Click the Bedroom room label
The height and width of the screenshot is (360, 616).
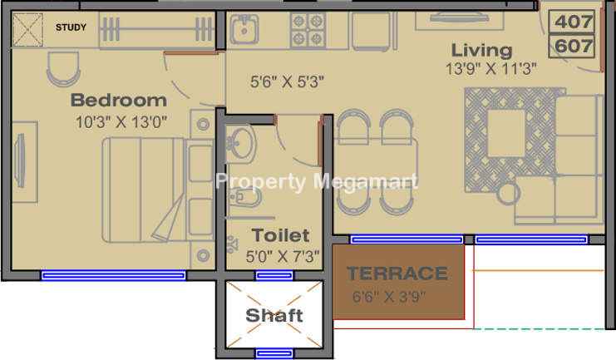[119, 101]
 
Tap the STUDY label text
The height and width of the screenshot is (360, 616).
[71, 27]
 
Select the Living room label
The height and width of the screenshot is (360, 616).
[481, 51]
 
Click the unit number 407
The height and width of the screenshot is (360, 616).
[573, 22]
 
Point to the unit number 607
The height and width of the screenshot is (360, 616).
[573, 46]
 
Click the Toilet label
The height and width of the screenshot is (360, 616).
[280, 235]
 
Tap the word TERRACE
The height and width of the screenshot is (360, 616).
[397, 274]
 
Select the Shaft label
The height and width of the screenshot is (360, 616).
[274, 315]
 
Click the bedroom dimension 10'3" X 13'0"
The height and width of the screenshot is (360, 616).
[121, 122]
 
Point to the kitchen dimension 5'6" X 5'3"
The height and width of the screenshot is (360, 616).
[287, 81]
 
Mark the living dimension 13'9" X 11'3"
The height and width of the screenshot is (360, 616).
[490, 69]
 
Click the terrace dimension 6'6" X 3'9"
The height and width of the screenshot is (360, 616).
[389, 296]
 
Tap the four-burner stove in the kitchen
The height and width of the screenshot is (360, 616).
[308, 30]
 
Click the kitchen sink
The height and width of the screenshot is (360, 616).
[244, 29]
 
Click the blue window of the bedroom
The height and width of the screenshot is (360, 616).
[114, 275]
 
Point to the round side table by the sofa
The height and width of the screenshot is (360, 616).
[508, 194]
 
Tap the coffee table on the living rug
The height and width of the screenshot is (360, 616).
[506, 133]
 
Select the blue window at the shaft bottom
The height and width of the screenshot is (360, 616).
[274, 353]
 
